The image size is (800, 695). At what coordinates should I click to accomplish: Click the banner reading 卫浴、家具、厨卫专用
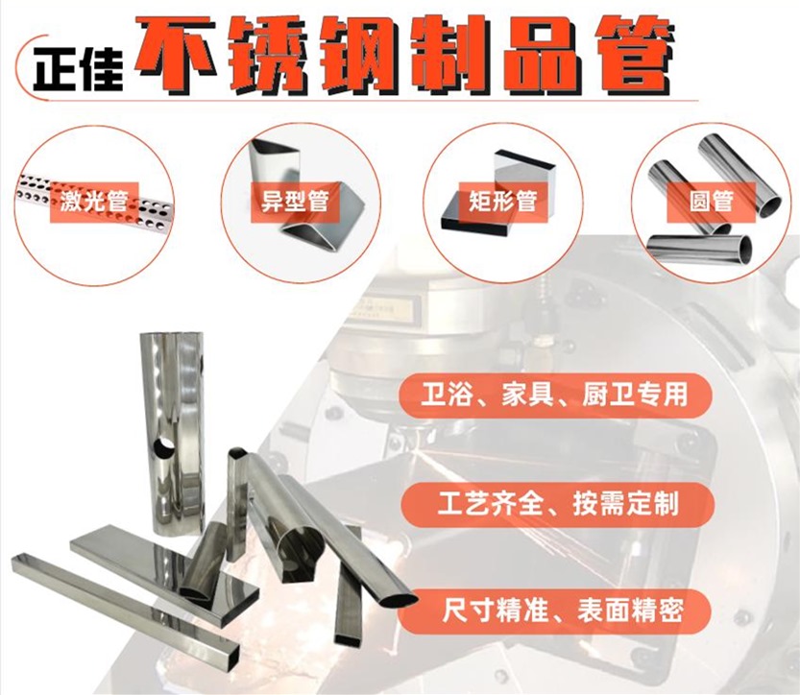tap(556, 394)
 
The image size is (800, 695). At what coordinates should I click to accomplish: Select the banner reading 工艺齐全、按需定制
tap(556, 501)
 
